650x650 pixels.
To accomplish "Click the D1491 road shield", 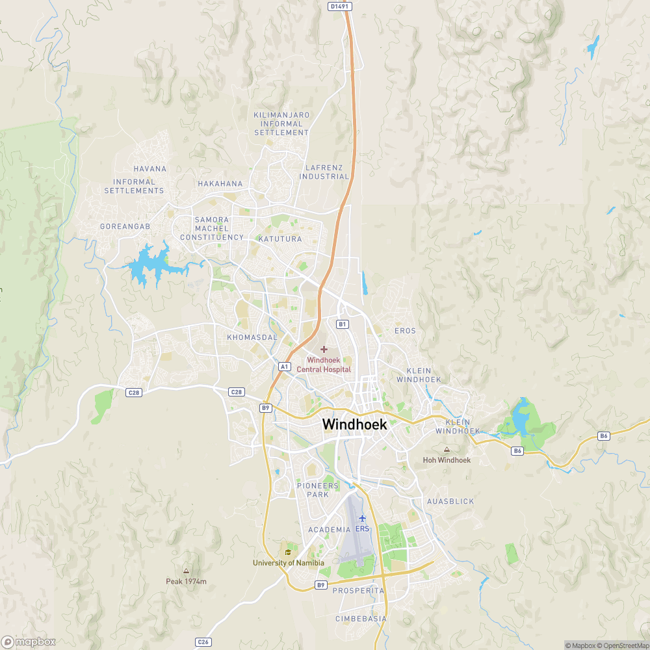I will point(339,6).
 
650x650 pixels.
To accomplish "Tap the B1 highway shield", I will point(343,324).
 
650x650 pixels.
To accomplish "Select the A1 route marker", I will point(284,367).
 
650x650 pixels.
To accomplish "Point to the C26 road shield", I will point(203,642).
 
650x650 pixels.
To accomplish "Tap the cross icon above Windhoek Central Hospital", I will point(324,350).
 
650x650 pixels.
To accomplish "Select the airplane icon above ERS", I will point(362,518).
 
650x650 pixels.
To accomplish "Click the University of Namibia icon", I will point(288,552).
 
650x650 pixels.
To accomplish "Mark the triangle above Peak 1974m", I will point(186,571).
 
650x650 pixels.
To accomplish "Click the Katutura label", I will point(280,239).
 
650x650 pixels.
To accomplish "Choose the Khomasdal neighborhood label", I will point(252,338).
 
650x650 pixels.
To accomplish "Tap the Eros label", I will point(405,331).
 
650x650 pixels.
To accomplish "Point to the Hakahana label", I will point(220,184).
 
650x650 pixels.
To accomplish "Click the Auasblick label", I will point(450,502).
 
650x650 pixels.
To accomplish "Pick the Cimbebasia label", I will point(361,619).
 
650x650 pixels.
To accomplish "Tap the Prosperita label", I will point(358,591).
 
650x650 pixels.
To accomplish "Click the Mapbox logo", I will point(29,642).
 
